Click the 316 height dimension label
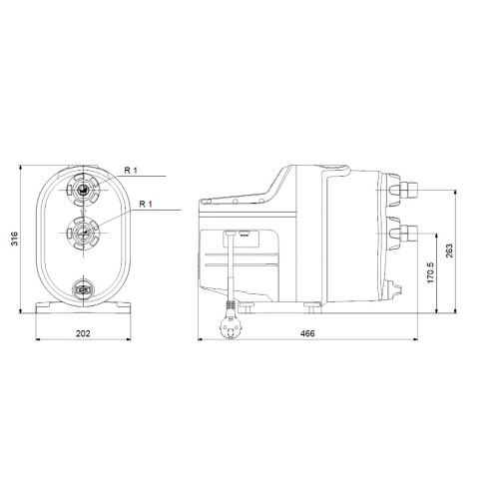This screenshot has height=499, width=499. pyautogui.click(x=15, y=239)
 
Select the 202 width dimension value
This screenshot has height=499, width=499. pyautogui.click(x=83, y=333)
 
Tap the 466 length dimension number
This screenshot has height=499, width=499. pyautogui.click(x=307, y=333)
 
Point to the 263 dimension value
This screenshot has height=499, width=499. pyautogui.click(x=449, y=250)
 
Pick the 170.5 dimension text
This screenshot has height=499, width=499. pyautogui.click(x=431, y=272)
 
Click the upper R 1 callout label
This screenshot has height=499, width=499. pyautogui.click(x=131, y=171)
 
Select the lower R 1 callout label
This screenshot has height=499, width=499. pyautogui.click(x=146, y=204)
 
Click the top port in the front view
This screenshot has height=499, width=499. pyautogui.click(x=83, y=190)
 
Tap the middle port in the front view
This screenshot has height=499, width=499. pyautogui.click(x=83, y=233)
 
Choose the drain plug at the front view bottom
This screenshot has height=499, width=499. pyautogui.click(x=83, y=289)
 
